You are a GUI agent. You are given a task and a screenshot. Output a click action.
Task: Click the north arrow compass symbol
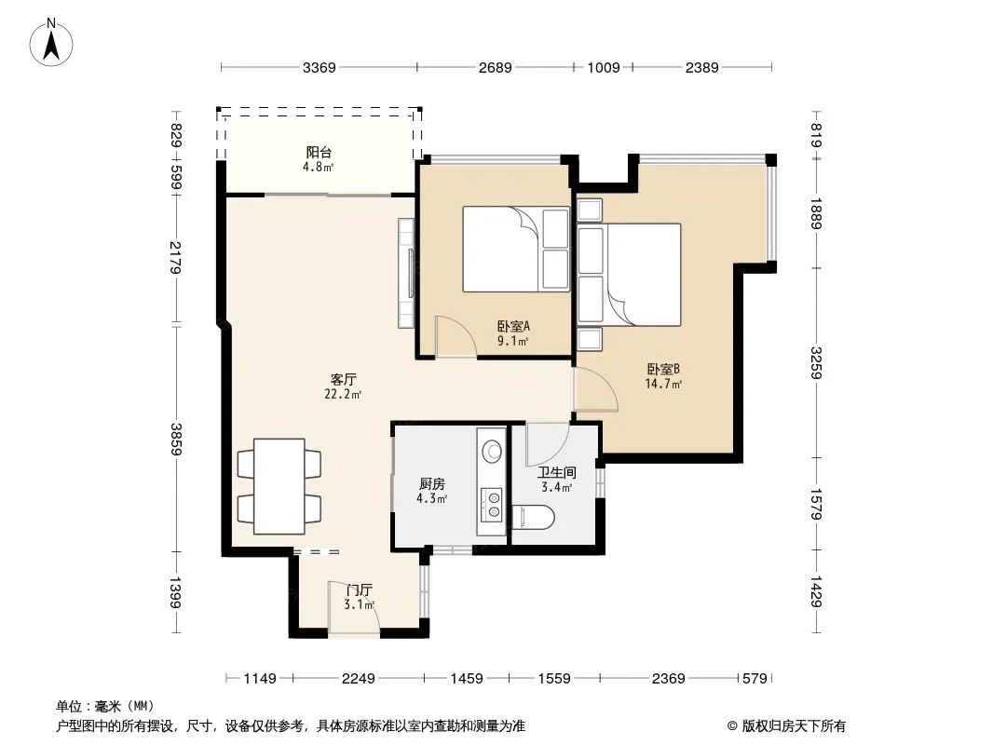[x=51, y=43]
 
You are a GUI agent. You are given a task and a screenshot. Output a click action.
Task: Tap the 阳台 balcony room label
[x=319, y=152]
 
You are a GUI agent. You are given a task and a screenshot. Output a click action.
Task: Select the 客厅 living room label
[x=343, y=379]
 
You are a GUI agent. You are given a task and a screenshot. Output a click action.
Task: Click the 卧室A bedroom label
[x=513, y=327]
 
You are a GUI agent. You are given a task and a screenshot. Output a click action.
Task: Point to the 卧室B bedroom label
[x=663, y=369]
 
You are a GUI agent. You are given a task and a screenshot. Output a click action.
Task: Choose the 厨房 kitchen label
[x=432, y=484]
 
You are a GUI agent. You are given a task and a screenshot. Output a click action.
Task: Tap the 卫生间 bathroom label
[x=557, y=472]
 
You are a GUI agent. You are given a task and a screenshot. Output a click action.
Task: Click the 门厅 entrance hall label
[x=359, y=589]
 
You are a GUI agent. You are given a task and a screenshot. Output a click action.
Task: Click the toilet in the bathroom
[x=533, y=517]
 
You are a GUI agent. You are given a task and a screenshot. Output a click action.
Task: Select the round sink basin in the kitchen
[x=492, y=452]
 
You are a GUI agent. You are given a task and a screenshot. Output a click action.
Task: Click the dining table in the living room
[x=279, y=486]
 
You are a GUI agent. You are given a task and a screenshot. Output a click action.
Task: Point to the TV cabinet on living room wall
[x=406, y=273]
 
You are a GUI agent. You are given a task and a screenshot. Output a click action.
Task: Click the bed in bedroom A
[x=516, y=249]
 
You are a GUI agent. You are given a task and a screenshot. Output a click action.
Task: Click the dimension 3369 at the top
[x=320, y=68]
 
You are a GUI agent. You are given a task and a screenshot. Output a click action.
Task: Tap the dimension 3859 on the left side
[x=177, y=439]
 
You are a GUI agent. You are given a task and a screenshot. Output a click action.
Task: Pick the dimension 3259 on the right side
[x=817, y=362]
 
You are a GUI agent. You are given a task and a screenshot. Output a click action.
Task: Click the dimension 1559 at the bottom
[x=554, y=679]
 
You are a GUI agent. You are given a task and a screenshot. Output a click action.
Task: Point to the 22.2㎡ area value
[x=343, y=394]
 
